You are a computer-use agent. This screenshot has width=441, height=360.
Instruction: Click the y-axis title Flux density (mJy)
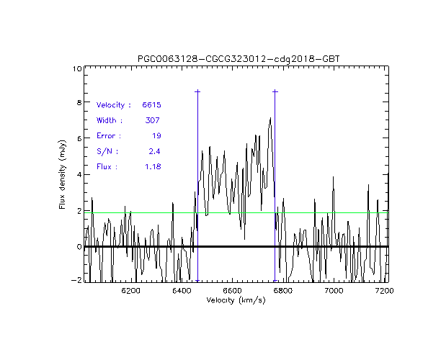coord(63,175)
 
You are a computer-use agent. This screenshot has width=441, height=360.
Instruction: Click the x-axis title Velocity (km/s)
coord(236,300)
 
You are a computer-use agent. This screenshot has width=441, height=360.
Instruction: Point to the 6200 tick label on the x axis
coord(130,290)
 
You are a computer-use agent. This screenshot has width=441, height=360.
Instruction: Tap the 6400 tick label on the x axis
coord(181,290)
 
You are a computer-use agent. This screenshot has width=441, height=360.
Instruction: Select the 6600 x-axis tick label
coord(232,290)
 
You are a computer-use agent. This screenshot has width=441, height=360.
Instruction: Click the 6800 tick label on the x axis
coord(282,290)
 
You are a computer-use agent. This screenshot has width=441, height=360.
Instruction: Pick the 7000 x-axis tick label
coord(334,290)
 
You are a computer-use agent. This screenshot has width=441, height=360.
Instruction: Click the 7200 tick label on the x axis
coord(384,290)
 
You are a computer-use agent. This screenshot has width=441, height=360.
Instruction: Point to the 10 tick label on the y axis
coord(76,69)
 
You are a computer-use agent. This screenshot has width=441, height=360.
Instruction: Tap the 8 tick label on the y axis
coord(79,104)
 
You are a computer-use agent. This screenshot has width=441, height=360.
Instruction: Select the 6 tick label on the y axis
coord(79,140)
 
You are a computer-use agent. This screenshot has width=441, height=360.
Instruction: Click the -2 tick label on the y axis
coord(76,282)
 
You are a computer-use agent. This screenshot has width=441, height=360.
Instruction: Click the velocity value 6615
coord(151,105)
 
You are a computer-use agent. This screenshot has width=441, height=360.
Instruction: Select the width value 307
coord(152,120)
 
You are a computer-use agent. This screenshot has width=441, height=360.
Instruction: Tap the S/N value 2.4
coord(153,151)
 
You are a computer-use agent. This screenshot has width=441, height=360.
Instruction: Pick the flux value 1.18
coord(152,167)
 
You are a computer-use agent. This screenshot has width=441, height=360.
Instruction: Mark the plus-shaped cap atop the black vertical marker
coord(275,91)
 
